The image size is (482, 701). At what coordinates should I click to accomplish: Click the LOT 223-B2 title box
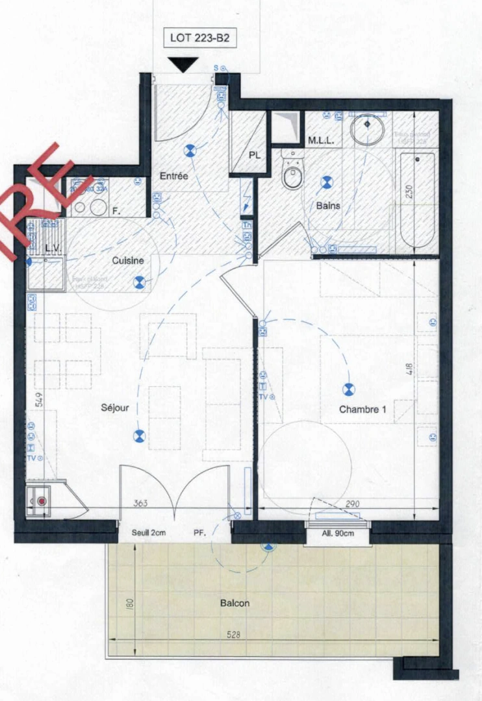199,38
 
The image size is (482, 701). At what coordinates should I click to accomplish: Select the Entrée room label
174,176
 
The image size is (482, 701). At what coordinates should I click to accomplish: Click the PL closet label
255,156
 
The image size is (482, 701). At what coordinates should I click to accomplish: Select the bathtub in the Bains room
416,201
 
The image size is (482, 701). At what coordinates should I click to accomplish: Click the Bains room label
329,206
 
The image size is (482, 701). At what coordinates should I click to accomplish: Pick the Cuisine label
127,261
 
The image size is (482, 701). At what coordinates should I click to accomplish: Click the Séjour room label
115,408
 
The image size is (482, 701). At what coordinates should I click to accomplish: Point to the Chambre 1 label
362,410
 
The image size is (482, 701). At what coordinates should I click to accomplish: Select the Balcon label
235,603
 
